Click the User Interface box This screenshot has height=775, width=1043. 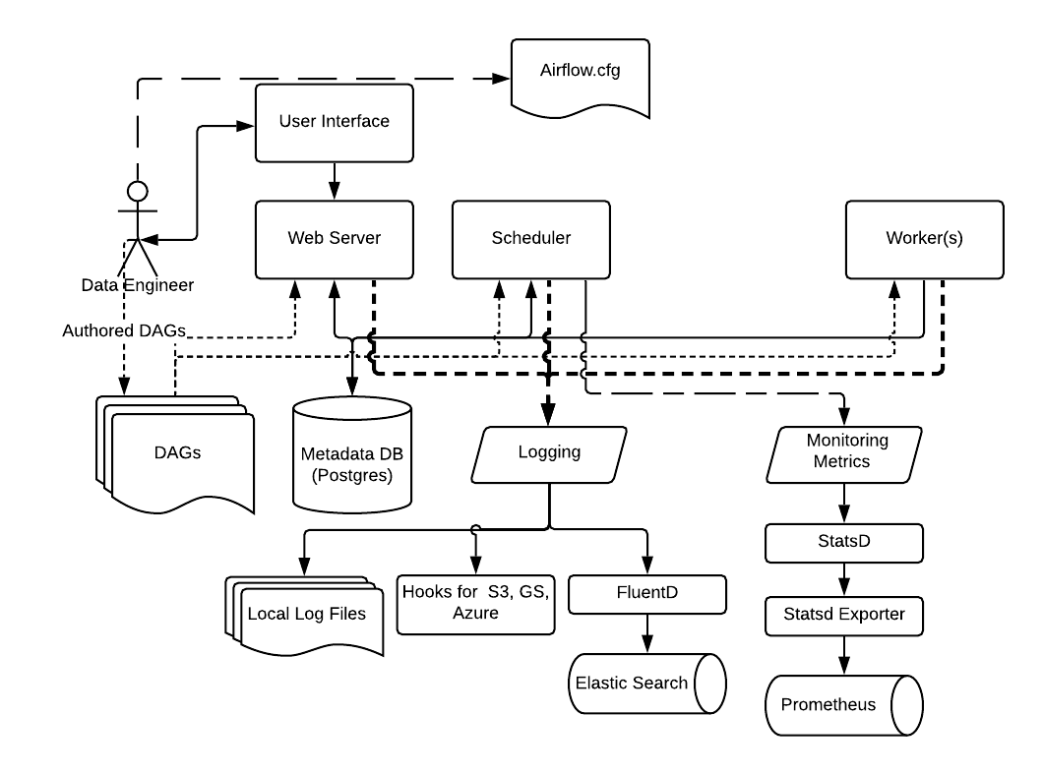(335, 123)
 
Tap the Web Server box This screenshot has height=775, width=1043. (335, 239)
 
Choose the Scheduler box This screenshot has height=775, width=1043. (530, 239)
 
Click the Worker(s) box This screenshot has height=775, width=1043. (924, 239)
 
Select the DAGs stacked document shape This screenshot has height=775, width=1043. (177, 452)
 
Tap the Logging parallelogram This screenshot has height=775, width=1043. (549, 453)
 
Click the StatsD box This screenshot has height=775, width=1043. (845, 542)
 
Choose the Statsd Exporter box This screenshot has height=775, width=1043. (845, 617)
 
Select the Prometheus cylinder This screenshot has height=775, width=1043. (841, 705)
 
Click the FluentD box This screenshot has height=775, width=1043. (647, 594)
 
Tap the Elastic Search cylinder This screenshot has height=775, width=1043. (644, 683)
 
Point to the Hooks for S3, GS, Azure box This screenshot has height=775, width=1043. (475, 603)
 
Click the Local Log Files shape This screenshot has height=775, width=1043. (305, 615)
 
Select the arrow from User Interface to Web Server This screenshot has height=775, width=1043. (335, 181)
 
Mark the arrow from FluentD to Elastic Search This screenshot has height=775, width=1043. (647, 632)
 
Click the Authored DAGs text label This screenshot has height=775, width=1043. (123, 330)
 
